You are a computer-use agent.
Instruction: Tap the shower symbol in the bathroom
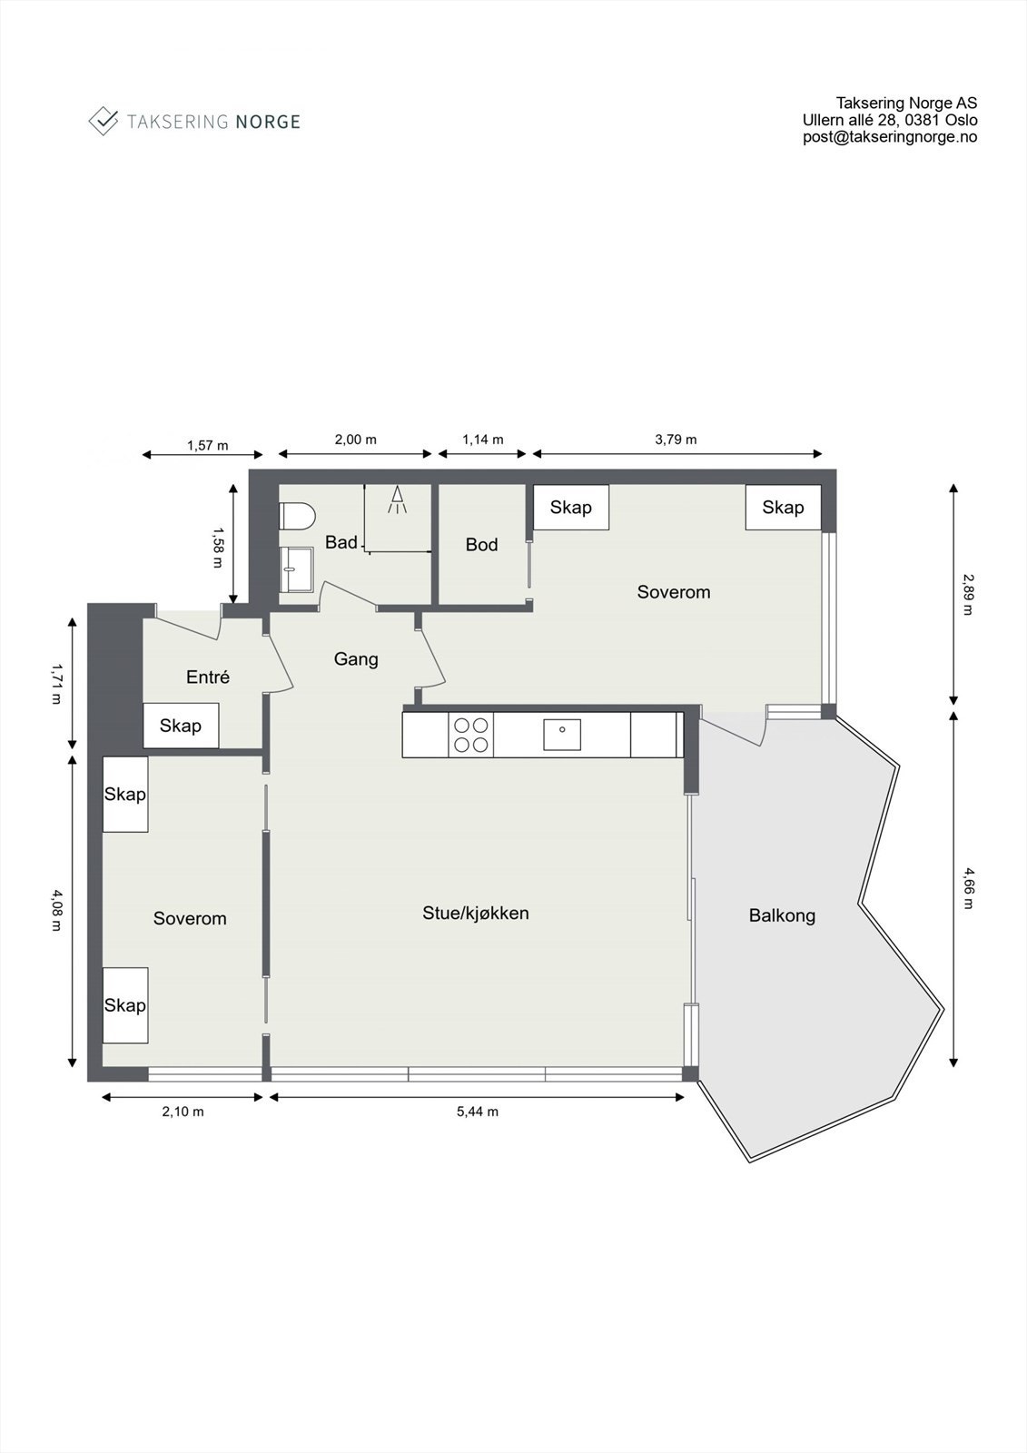pyautogui.click(x=397, y=500)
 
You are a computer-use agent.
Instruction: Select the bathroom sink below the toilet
pyautogui.click(x=294, y=568)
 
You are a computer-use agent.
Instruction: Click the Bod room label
pyautogui.click(x=481, y=545)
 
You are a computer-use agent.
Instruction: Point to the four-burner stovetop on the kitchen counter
pyautogui.click(x=470, y=735)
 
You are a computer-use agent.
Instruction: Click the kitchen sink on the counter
pyautogui.click(x=562, y=734)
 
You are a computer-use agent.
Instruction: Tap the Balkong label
pyautogui.click(x=782, y=915)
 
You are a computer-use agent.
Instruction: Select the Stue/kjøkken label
pyautogui.click(x=475, y=913)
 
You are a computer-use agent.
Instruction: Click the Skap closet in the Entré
pyautogui.click(x=181, y=726)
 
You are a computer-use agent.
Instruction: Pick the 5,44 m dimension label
pyautogui.click(x=477, y=1112)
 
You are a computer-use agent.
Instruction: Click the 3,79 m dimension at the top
pyautogui.click(x=676, y=440)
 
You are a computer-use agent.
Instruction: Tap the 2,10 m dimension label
pyautogui.click(x=183, y=1112)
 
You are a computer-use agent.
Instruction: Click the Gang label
pyautogui.click(x=356, y=659)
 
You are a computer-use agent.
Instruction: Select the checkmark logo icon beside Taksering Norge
pyautogui.click(x=104, y=121)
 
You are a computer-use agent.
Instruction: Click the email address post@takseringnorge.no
pyautogui.click(x=889, y=137)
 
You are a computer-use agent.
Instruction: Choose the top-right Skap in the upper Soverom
pyautogui.click(x=783, y=508)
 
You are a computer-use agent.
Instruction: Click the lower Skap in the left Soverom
pyautogui.click(x=125, y=1004)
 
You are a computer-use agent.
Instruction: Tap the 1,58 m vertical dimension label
pyautogui.click(x=217, y=546)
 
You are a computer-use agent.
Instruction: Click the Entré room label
pyautogui.click(x=208, y=677)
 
